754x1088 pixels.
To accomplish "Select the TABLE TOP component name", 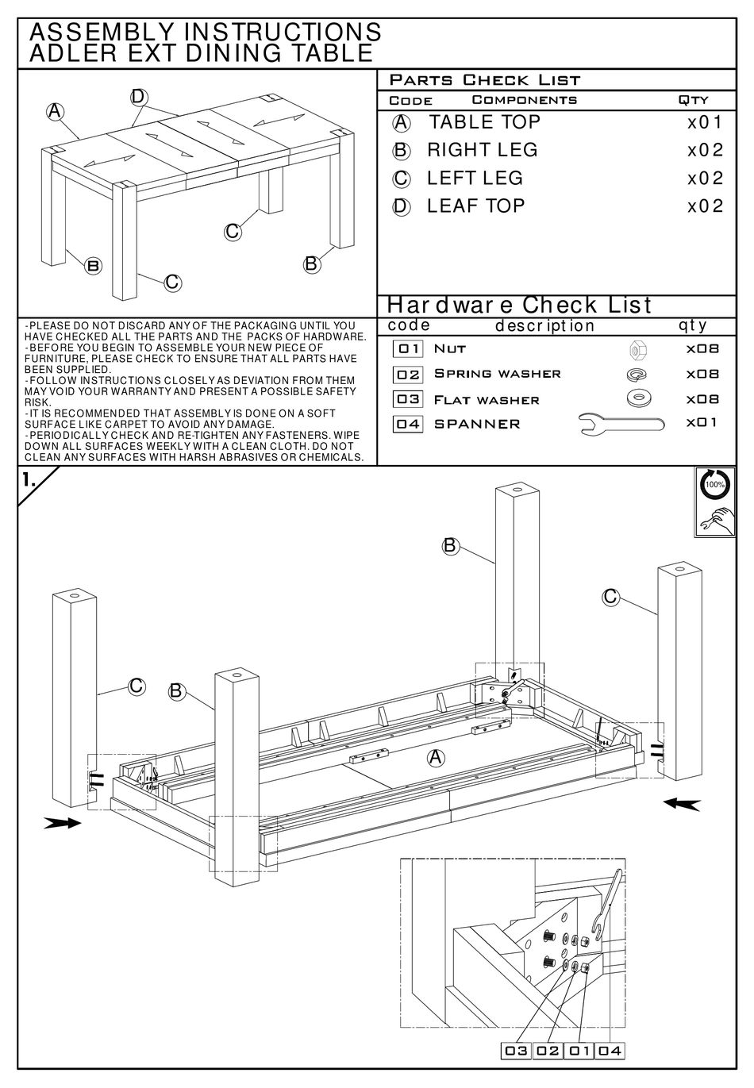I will click(x=484, y=122).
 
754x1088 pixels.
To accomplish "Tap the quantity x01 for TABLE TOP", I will click(x=705, y=123).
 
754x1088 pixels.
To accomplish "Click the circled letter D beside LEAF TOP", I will click(x=402, y=207).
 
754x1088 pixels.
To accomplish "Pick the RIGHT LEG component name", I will click(x=482, y=150).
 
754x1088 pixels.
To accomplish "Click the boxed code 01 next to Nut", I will click(x=409, y=348).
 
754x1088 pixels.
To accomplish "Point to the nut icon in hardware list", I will click(x=636, y=349).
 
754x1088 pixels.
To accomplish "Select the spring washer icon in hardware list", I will click(x=636, y=374).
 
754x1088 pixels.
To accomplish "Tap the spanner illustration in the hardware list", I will click(x=621, y=425).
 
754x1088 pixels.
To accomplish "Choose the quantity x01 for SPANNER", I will click(x=702, y=422).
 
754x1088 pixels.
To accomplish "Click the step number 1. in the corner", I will click(x=29, y=479).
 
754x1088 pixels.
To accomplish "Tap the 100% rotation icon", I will click(x=715, y=484).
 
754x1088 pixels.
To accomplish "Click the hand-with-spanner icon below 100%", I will click(x=715, y=520).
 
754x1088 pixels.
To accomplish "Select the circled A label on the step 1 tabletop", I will click(x=436, y=758).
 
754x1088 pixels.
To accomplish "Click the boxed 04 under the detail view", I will click(x=610, y=1051).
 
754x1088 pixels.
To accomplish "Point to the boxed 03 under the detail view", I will click(x=516, y=1051).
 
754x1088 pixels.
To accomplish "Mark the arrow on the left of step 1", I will click(x=63, y=824).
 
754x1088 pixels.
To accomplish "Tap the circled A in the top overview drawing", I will click(x=55, y=112).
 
